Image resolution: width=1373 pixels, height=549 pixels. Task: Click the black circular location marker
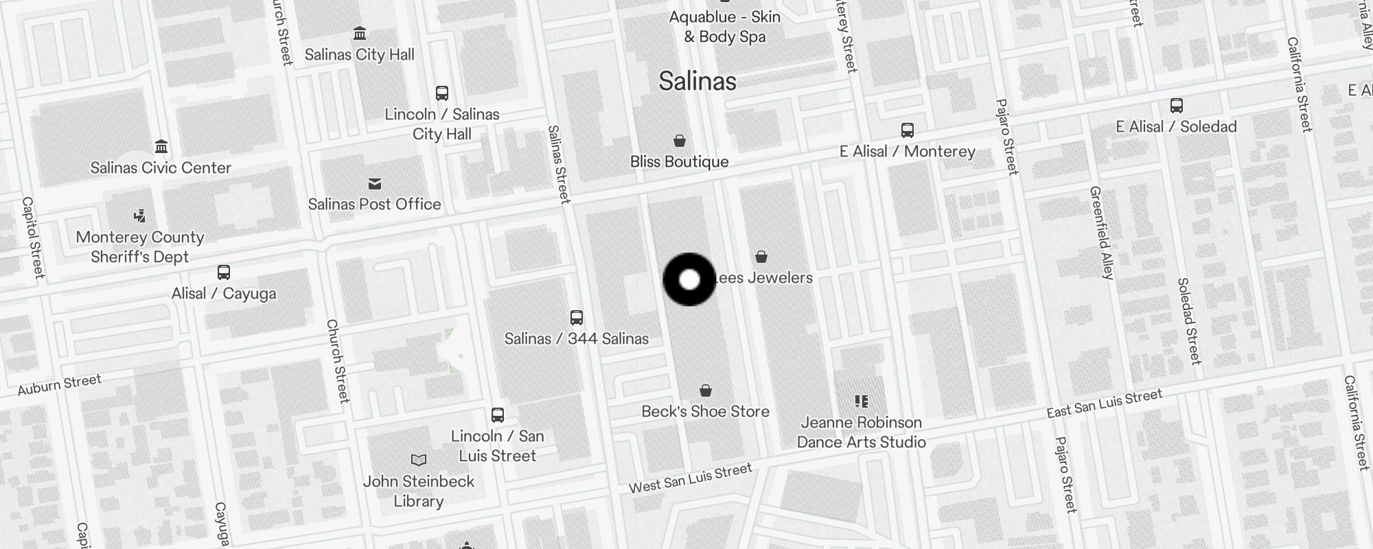click(689, 279)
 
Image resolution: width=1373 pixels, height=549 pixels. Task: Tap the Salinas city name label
click(697, 81)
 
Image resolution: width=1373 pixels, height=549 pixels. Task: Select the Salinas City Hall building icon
click(359, 33)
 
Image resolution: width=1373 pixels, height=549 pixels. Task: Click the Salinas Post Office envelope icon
click(374, 184)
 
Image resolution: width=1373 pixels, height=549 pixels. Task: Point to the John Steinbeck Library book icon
click(418, 460)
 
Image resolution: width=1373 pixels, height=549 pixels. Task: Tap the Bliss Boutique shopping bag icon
click(679, 141)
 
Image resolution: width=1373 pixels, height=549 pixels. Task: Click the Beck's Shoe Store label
click(705, 411)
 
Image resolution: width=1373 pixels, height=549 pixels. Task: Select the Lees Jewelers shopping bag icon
click(761, 257)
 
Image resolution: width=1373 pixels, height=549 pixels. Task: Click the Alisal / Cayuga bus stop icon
click(224, 272)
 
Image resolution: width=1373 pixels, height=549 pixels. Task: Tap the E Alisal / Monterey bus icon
click(907, 130)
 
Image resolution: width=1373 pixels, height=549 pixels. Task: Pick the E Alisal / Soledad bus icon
click(1176, 106)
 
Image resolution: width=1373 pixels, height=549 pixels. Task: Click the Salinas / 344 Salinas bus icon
click(577, 318)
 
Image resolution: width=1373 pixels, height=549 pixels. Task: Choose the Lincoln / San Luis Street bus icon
click(498, 415)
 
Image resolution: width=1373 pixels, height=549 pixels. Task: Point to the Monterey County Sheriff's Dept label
click(140, 247)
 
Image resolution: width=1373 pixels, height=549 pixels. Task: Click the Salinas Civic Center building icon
click(161, 146)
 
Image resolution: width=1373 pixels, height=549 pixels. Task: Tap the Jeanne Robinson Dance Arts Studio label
click(862, 432)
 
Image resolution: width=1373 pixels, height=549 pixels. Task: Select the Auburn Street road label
click(60, 385)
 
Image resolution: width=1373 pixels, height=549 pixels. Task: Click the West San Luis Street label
click(691, 478)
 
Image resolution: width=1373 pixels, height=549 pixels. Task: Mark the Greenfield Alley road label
click(1101, 233)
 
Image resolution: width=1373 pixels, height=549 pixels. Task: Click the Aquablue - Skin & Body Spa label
click(725, 26)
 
